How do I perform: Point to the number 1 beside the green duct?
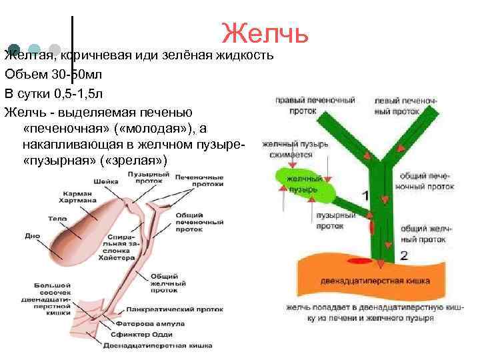(364, 196)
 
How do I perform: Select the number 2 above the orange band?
(404, 255)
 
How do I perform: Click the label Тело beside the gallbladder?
(57, 218)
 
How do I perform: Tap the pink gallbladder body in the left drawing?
(83, 230)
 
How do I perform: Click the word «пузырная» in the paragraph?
(61, 161)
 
